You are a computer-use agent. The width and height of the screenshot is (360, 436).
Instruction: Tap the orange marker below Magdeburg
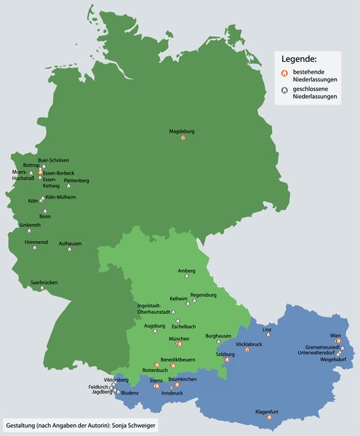click(183, 138)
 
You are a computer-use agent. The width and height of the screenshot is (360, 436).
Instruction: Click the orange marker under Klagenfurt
click(270, 418)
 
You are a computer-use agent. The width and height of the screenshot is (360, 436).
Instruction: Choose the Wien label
click(335, 335)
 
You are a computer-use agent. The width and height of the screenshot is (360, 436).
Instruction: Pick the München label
click(179, 338)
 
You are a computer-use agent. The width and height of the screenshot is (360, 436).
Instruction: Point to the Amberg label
click(187, 271)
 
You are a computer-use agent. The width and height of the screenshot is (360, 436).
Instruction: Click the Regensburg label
click(204, 294)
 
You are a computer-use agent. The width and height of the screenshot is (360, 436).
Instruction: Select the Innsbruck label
click(172, 393)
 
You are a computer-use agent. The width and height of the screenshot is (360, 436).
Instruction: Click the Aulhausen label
click(70, 243)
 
